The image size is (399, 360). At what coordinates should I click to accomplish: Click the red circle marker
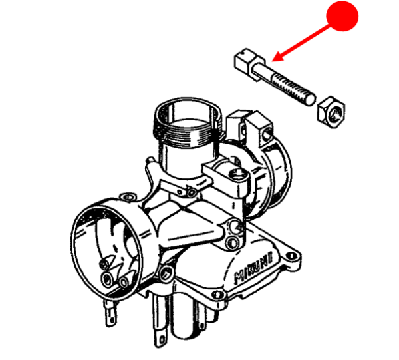344,15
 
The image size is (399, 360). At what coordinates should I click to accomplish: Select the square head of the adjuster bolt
246,61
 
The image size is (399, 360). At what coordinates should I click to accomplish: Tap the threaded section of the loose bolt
293,87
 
